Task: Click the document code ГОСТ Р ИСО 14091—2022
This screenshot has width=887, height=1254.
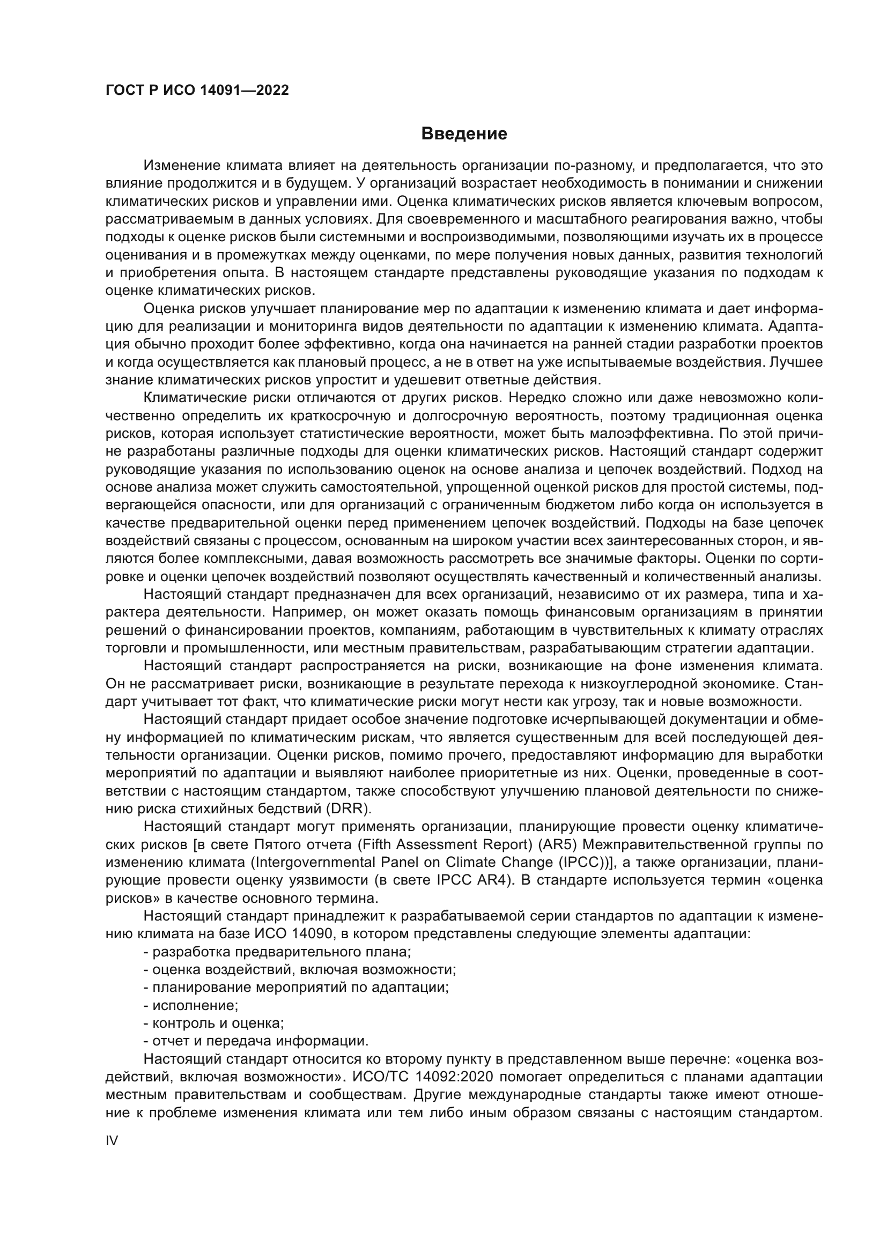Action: click(x=197, y=90)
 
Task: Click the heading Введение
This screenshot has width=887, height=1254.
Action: click(x=464, y=134)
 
